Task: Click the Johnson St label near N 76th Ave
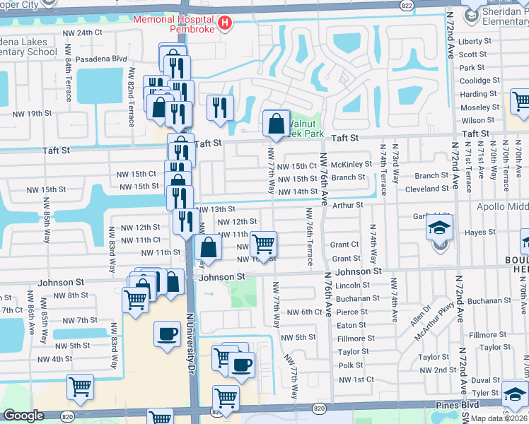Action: click(x=358, y=271)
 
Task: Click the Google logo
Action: click(x=23, y=416)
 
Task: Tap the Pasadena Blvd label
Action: click(x=100, y=59)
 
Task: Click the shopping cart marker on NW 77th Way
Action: click(x=264, y=244)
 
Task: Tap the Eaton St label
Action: click(x=351, y=325)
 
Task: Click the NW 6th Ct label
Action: click(x=305, y=312)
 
